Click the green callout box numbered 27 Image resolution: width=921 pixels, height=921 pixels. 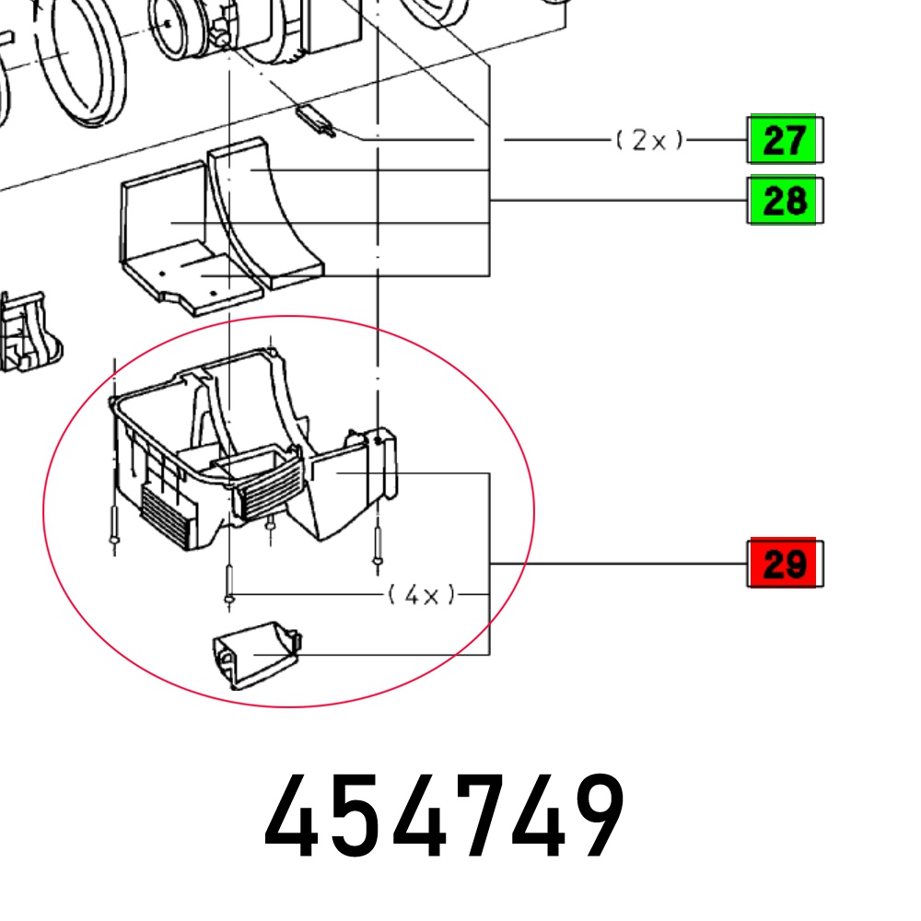click(x=785, y=140)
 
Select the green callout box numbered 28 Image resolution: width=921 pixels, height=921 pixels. click(x=785, y=200)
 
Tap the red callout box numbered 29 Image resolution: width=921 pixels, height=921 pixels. click(x=785, y=563)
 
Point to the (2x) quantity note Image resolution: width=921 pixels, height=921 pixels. click(x=649, y=140)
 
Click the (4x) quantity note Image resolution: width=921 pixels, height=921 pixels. click(x=421, y=595)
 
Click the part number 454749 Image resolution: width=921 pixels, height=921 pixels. click(x=445, y=816)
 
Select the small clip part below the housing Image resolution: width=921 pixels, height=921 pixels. click(x=257, y=654)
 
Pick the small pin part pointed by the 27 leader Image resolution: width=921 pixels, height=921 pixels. click(x=316, y=121)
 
